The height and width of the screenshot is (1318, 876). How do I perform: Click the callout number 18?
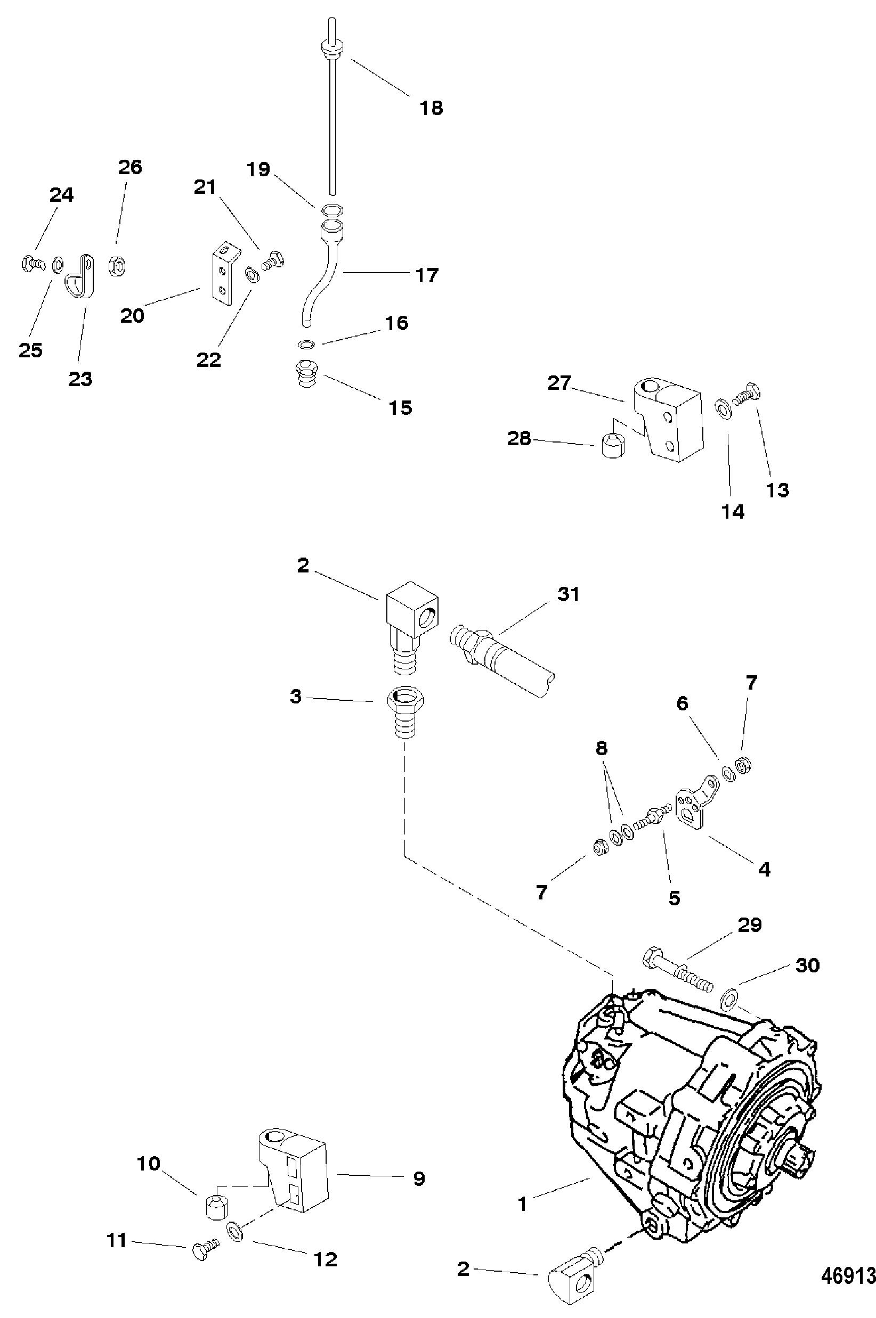point(431,107)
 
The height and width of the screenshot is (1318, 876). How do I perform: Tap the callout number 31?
point(568,594)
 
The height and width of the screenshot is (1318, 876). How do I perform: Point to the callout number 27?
point(559,383)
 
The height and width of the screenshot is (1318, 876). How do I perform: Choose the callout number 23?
point(80,379)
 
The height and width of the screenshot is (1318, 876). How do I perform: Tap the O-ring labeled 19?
point(334,210)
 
